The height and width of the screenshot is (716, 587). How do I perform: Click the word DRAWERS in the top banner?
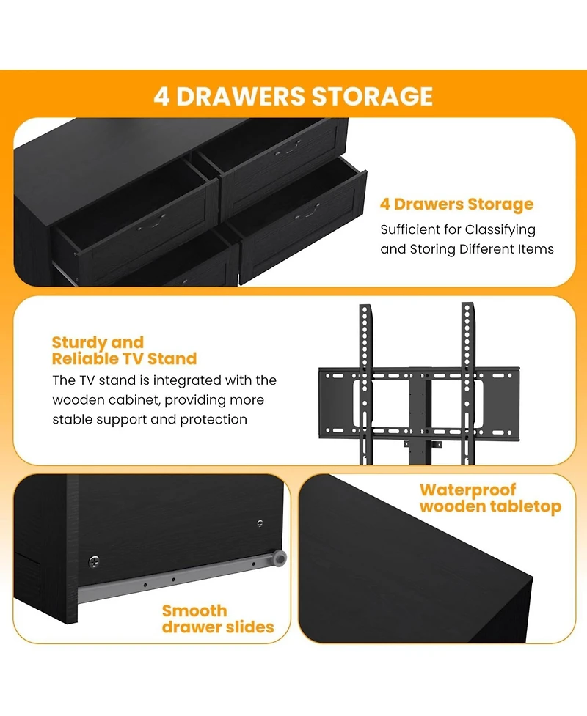[240, 96]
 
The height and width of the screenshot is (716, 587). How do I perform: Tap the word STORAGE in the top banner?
[372, 96]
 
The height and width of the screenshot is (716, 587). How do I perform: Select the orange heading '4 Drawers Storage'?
[456, 204]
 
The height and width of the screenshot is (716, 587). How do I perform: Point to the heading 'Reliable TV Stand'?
[124, 359]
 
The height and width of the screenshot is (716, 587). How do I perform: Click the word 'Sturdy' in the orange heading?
[79, 343]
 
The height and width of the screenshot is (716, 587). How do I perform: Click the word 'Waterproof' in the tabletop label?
[467, 490]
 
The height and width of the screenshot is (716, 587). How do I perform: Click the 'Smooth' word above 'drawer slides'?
[194, 611]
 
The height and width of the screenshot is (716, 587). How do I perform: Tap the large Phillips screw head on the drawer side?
[94, 561]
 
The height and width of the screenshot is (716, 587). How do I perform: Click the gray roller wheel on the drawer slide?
[279, 558]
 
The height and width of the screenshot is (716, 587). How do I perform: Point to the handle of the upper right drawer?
[288, 148]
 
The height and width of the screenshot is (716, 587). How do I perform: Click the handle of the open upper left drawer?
[152, 222]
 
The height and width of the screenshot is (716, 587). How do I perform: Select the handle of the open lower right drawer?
[307, 212]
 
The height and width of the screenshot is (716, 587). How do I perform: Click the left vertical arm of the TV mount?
[365, 383]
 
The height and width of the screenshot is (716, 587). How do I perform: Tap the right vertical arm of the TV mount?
[467, 383]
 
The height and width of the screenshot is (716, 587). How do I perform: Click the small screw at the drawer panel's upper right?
[260, 523]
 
